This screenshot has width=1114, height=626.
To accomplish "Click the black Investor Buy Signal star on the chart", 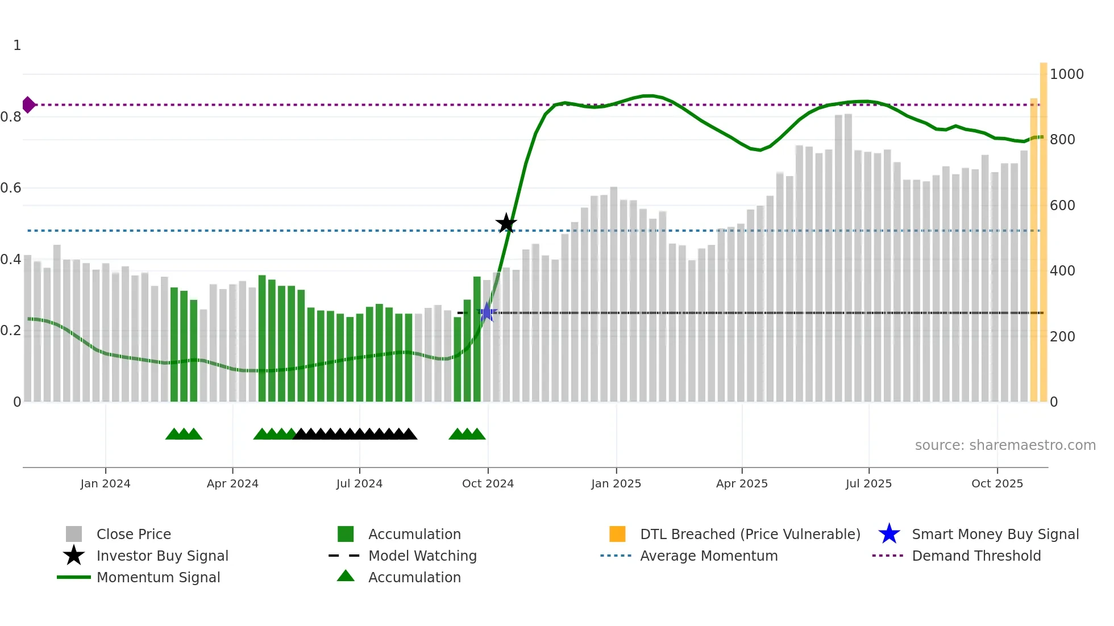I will click(x=506, y=223).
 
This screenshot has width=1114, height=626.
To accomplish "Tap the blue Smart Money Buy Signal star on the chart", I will click(x=487, y=312).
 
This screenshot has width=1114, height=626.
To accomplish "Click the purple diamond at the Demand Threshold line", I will click(x=28, y=105).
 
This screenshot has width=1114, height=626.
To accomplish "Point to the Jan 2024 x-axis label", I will click(x=105, y=483).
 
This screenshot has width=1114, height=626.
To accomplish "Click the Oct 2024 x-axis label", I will click(x=488, y=483).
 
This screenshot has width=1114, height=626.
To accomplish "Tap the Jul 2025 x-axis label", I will click(x=868, y=483).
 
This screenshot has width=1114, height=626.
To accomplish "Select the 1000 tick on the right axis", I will click(x=1066, y=74).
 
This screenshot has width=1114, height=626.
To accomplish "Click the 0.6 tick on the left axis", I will click(x=11, y=187).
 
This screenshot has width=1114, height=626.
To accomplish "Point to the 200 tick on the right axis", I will click(x=1062, y=336).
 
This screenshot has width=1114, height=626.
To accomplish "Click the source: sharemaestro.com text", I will click(x=1005, y=445).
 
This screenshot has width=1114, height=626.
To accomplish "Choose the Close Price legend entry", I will click(x=134, y=534).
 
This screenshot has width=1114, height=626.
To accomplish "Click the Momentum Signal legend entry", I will click(x=158, y=577).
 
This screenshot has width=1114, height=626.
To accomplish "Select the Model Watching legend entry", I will click(x=422, y=556).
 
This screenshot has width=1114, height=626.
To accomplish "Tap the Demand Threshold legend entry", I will click(x=976, y=556).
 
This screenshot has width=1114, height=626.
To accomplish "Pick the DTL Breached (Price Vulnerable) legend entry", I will click(x=750, y=534).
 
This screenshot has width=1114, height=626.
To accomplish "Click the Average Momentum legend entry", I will click(x=708, y=556).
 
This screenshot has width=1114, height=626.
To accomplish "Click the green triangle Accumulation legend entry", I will click(x=414, y=577).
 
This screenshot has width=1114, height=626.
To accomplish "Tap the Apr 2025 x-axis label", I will click(x=742, y=483).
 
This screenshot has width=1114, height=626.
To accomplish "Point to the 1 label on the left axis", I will click(x=17, y=45).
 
